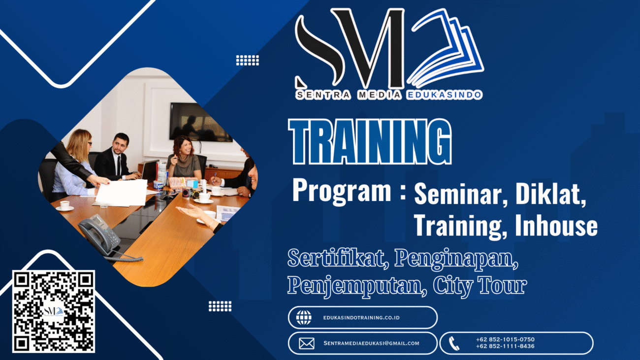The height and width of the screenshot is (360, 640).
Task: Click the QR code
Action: coord(54,311)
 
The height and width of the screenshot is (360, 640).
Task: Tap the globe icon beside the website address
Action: coord(303,318)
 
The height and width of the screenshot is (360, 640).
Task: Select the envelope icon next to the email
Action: coord(307,343)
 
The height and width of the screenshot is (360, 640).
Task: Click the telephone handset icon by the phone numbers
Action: coord(453,343)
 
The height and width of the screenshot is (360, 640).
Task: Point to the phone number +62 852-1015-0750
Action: coord(505,339)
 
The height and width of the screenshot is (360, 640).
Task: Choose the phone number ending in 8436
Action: coord(505,346)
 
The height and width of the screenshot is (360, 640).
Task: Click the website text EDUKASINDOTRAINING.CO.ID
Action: coord(361,318)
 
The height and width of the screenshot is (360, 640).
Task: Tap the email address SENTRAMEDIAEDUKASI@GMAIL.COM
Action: coord(371,343)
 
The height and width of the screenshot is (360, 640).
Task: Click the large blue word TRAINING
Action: coord(371,142)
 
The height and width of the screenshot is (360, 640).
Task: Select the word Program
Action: coord(342,191)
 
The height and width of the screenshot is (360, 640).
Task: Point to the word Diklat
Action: coord(551,194)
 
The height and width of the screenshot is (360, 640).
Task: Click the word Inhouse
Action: coord(556,225)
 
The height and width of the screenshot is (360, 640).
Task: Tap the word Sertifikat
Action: coord(338,259)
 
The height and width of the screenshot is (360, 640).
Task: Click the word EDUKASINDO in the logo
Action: coord(445,95)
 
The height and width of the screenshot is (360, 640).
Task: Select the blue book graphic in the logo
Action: coord(446,48)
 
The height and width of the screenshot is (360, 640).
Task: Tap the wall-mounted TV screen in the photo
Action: coord(200,122)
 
